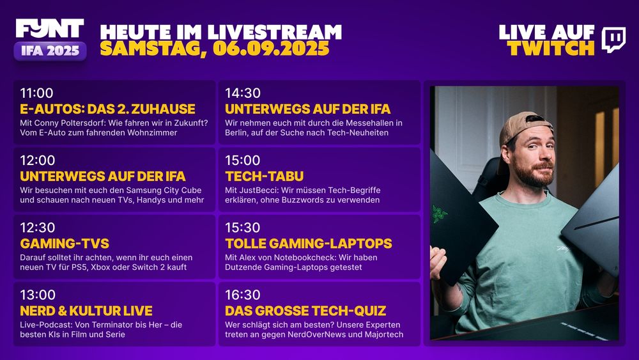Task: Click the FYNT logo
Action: pos(50,29)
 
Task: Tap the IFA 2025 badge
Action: pos(50,51)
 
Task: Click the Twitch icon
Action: pos(613,40)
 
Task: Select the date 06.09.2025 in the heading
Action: pos(271,49)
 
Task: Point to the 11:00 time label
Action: pos(36,93)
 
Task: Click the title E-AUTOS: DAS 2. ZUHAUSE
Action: pos(107,109)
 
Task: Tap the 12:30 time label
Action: pos(38,228)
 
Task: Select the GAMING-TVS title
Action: pos(65,244)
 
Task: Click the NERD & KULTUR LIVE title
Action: pos(86,311)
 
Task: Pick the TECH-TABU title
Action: pos(264,176)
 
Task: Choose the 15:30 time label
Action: pos(242,228)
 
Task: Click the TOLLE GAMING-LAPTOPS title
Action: pos(309,244)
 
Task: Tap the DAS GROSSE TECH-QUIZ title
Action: pos(305,311)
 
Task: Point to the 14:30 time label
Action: pos(242,93)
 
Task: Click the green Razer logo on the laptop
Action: pos(440,214)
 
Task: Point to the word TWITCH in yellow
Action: pos(551,49)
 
